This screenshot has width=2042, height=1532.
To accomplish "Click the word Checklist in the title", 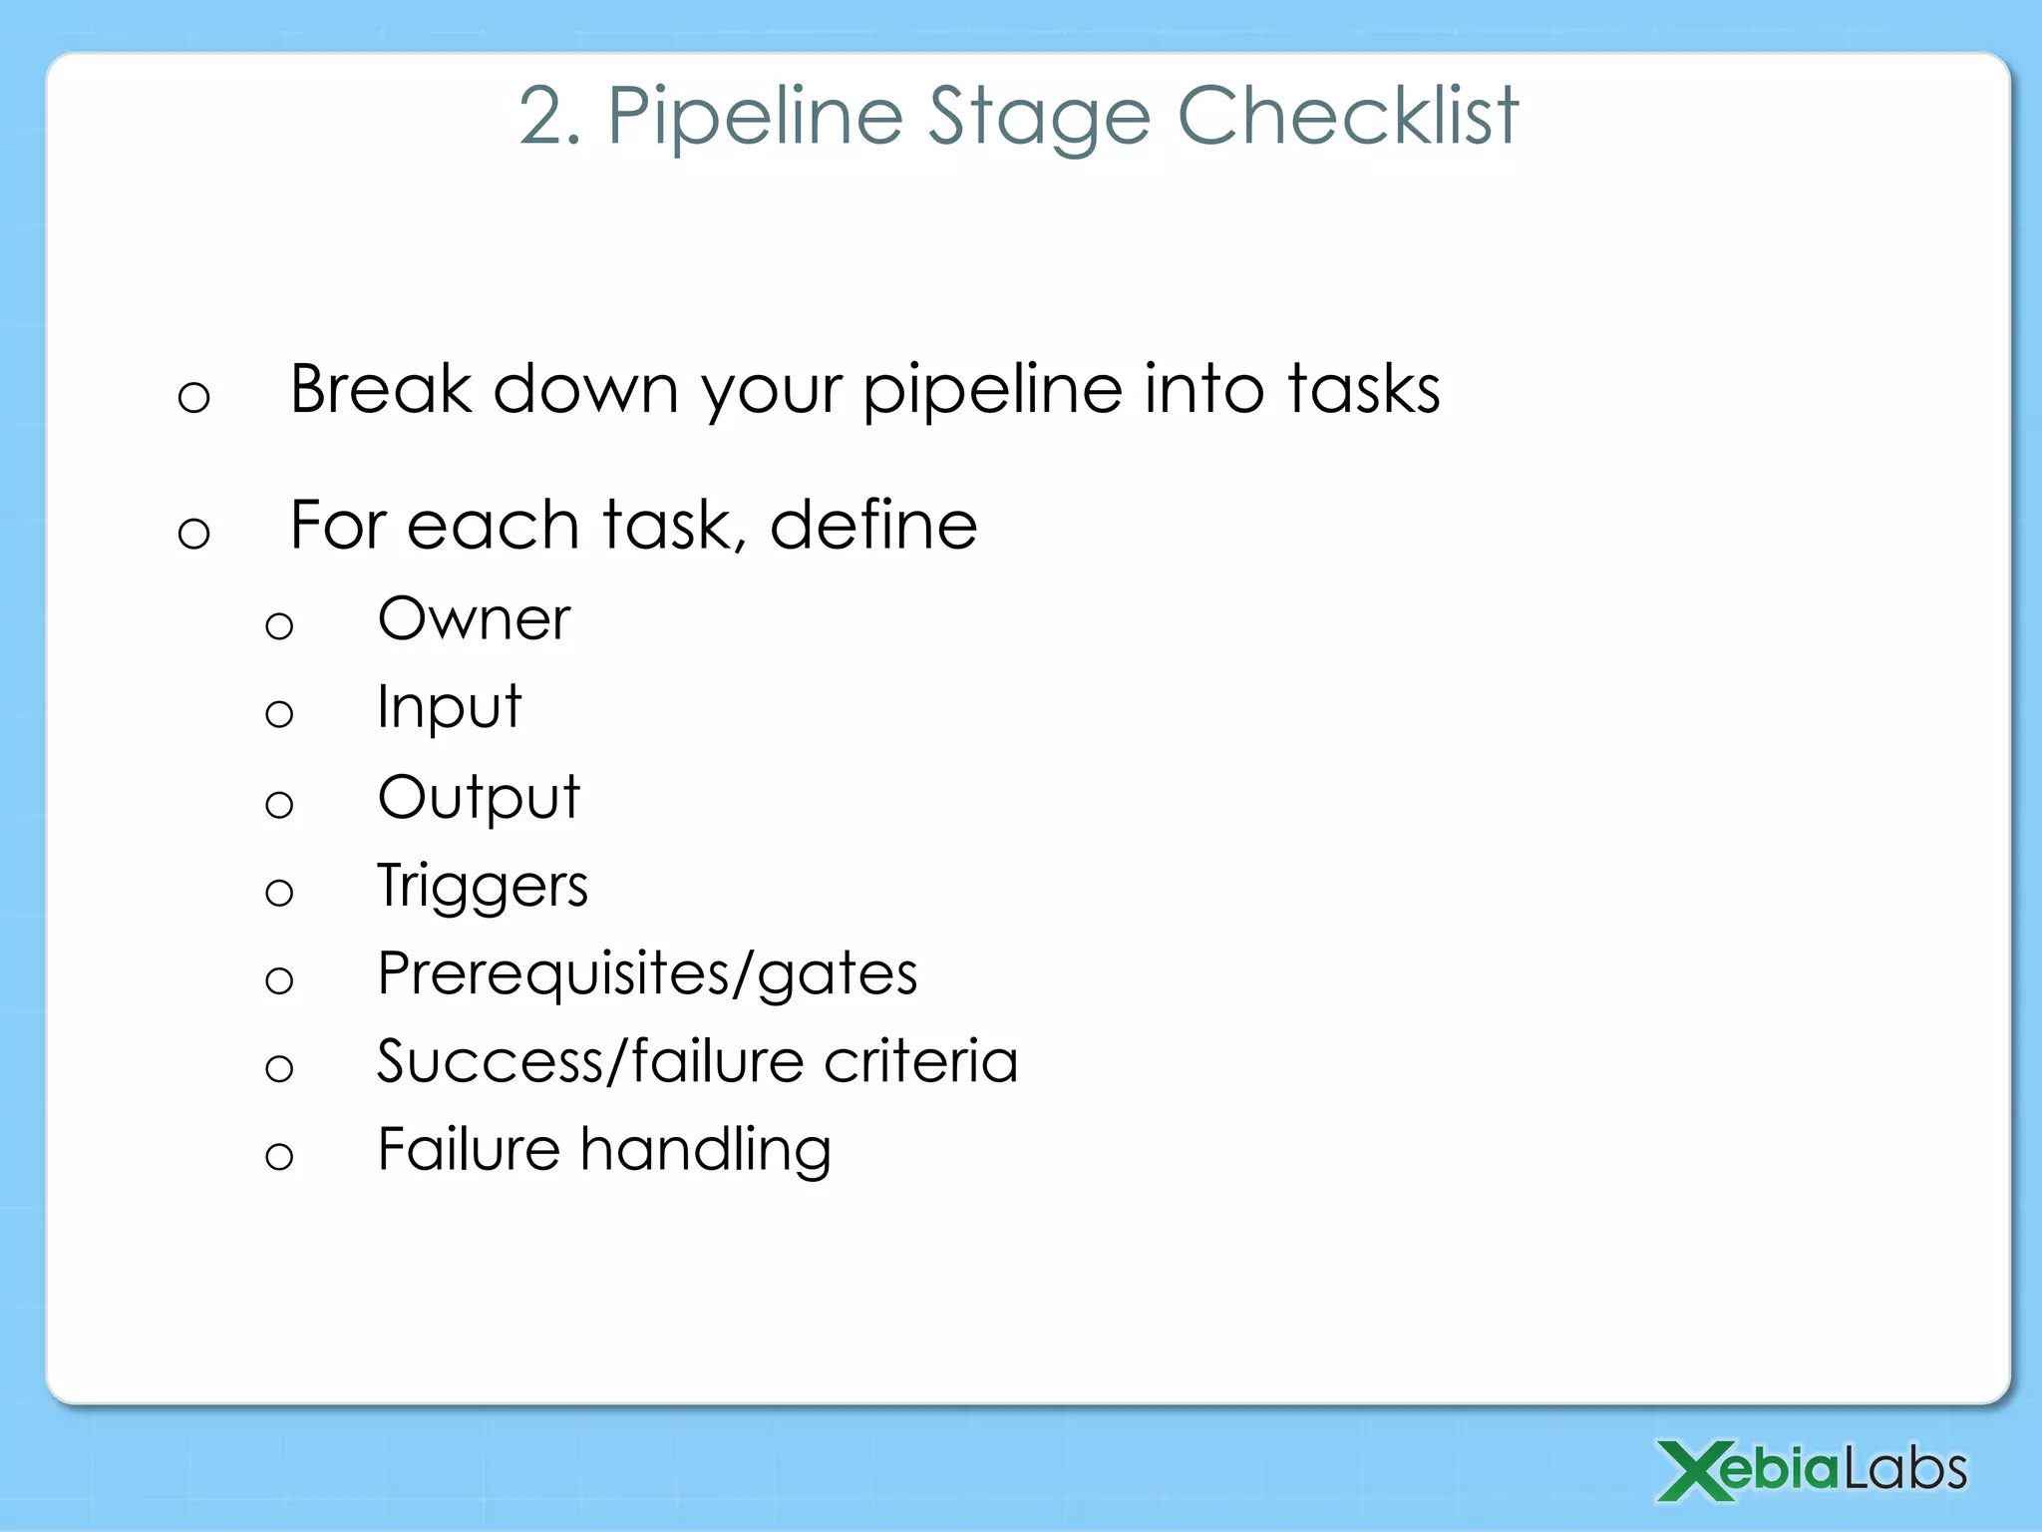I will [x=1348, y=116].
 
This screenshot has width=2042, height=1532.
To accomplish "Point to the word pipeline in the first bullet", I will [x=992, y=391].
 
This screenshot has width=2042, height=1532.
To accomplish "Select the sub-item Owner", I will [x=474, y=619].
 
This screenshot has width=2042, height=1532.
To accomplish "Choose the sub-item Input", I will [x=449, y=709].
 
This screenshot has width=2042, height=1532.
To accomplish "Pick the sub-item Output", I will [x=479, y=799].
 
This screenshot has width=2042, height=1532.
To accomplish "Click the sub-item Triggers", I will [x=483, y=887].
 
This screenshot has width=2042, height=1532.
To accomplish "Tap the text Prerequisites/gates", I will [x=647, y=974].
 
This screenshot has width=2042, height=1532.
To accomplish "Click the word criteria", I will [x=920, y=1061].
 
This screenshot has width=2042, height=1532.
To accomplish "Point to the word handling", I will [x=705, y=1150].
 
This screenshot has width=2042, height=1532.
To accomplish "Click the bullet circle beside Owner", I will [x=279, y=626].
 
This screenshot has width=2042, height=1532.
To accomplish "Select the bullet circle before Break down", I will [x=193, y=398].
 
